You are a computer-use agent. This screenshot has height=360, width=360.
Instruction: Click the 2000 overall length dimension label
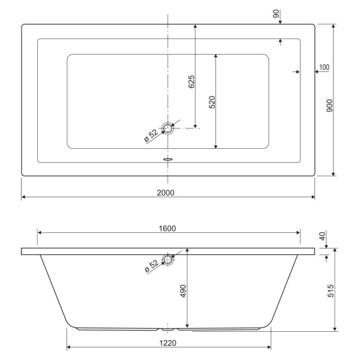point(166,192)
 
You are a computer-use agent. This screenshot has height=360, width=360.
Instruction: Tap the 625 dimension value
point(191,82)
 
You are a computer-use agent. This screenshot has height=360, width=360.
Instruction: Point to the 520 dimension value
point(212,102)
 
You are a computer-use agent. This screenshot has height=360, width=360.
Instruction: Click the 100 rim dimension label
point(324,67)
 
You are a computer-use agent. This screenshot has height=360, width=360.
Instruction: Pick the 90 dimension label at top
point(277,14)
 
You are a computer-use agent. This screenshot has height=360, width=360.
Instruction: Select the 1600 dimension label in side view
point(167,228)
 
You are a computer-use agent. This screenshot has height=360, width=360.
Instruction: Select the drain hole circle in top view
point(168,128)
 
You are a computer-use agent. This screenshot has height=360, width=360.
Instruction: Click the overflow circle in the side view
point(169,260)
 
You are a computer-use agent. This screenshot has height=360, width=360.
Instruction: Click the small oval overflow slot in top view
point(168,160)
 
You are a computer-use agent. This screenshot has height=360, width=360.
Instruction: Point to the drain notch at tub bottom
point(169,329)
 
